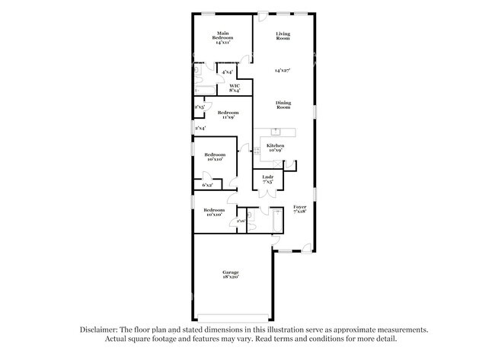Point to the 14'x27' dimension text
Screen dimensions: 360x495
pyautogui.click(x=283, y=70)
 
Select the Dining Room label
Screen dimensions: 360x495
pyautogui.click(x=283, y=105)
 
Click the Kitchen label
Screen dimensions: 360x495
pyautogui.click(x=275, y=148)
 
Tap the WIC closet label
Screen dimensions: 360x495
pyautogui.click(x=235, y=88)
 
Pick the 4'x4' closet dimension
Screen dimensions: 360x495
pyautogui.click(x=227, y=72)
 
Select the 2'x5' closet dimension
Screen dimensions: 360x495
pyautogui.click(x=199, y=107)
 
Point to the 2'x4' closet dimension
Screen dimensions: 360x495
pyautogui.click(x=199, y=128)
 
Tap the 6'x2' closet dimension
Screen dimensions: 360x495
pyautogui.click(x=207, y=185)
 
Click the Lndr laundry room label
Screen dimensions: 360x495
pyautogui.click(x=267, y=180)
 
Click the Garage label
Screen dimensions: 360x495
pyautogui.click(x=231, y=275)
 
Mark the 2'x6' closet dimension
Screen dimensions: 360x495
pyautogui.click(x=240, y=221)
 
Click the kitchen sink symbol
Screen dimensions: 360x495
pyautogui.click(x=276, y=133)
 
